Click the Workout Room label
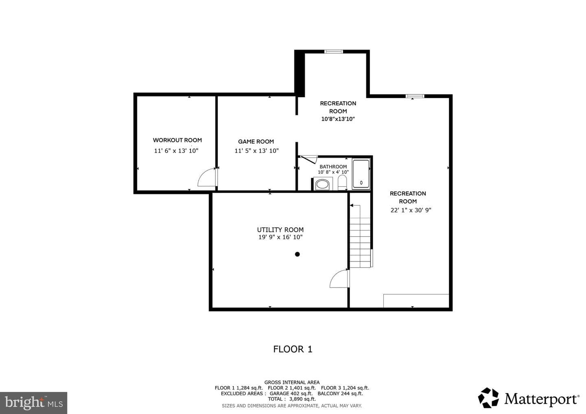pos(177,140)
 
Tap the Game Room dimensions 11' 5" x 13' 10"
pos(256,151)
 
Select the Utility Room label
pos(280,230)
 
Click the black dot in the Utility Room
pos(297,254)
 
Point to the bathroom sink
pos(322,184)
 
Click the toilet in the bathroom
pos(342,182)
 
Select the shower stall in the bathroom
pos(361,174)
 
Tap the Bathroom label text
pos(333,167)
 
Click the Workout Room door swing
pos(207,177)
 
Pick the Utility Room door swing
pos(339,279)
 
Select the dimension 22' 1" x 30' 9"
pos(411,210)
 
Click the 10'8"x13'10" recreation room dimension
pos(338,119)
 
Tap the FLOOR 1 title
pos(293,349)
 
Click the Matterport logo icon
pos(488,398)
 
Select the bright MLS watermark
pos(34,403)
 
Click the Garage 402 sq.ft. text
pos(291,393)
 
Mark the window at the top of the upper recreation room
pos(334,52)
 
